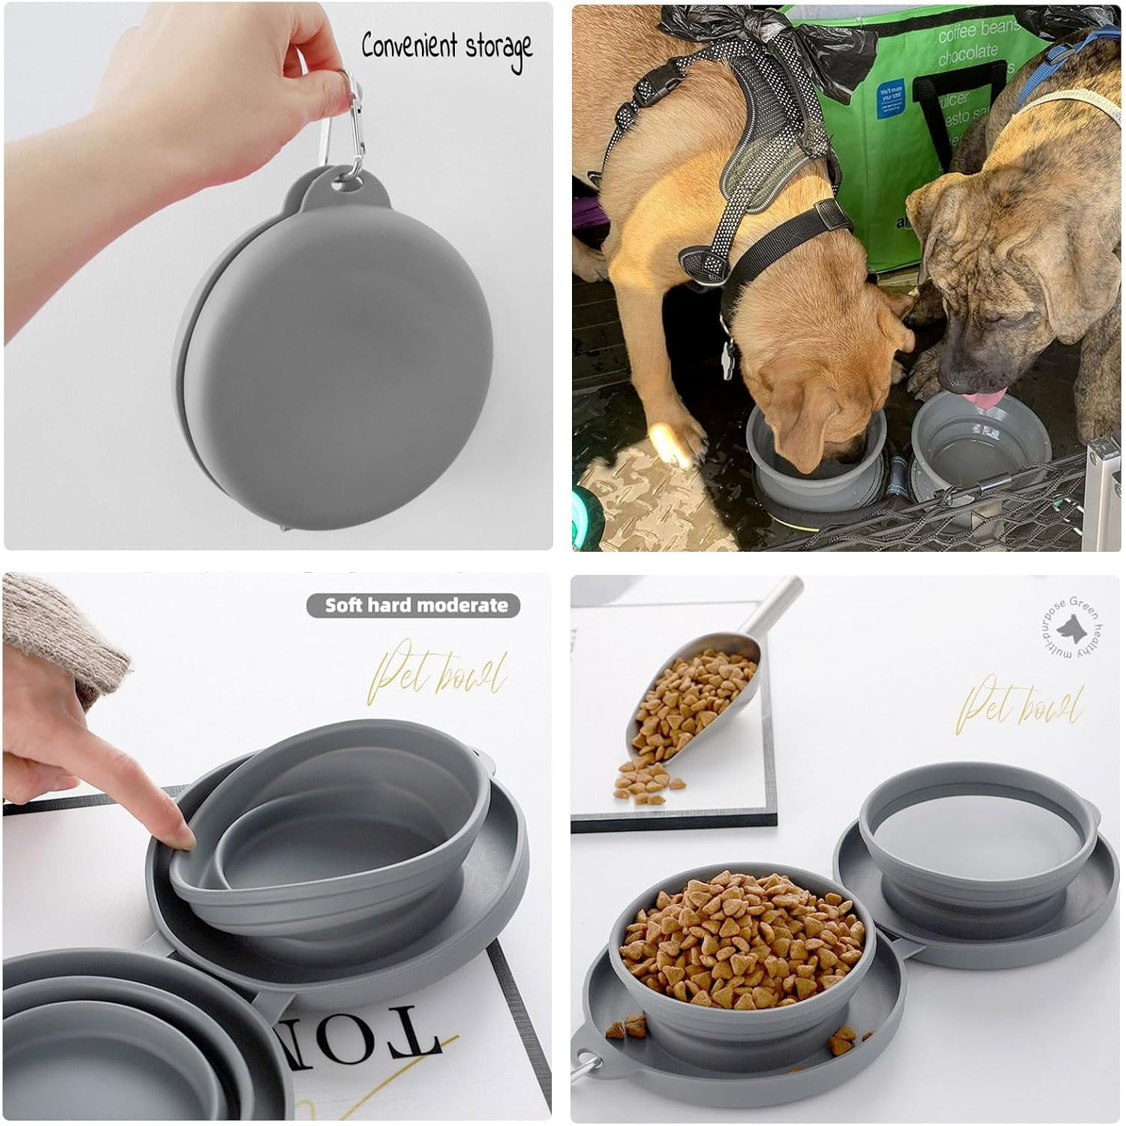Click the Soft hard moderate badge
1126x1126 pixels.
pyautogui.click(x=414, y=606)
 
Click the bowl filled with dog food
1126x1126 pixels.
pyautogui.click(x=739, y=938)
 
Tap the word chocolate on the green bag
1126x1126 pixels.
pyautogui.click(x=968, y=54)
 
